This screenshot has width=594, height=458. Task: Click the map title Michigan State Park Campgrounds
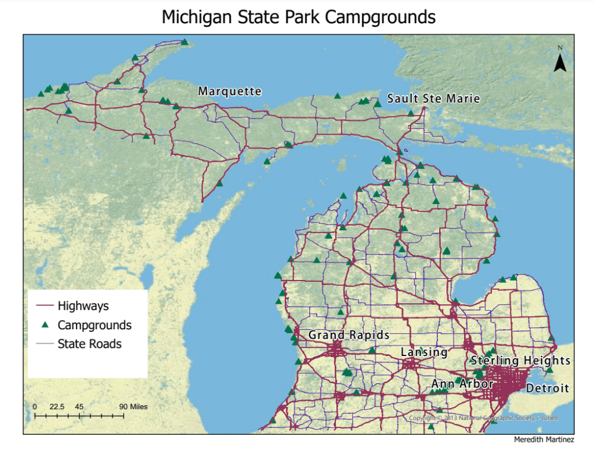click(298, 17)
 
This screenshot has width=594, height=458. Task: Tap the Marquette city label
click(230, 92)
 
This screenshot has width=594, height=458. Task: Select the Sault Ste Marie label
click(433, 99)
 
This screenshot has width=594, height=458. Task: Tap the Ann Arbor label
click(462, 384)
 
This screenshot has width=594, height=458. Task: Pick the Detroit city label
click(548, 388)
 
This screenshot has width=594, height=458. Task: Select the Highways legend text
click(83, 305)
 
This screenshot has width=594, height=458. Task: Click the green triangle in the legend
click(44, 325)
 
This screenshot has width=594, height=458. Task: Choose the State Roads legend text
click(89, 344)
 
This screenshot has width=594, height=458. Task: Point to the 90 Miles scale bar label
click(133, 406)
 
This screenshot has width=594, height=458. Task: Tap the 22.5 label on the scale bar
click(57, 406)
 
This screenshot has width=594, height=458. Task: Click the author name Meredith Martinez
click(544, 440)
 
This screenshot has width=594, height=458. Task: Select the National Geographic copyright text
click(484, 418)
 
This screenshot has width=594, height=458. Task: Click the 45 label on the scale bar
click(79, 406)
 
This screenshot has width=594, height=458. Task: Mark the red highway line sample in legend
click(44, 305)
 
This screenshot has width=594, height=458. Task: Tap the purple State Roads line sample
click(44, 344)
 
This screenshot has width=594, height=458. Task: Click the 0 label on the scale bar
click(35, 406)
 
